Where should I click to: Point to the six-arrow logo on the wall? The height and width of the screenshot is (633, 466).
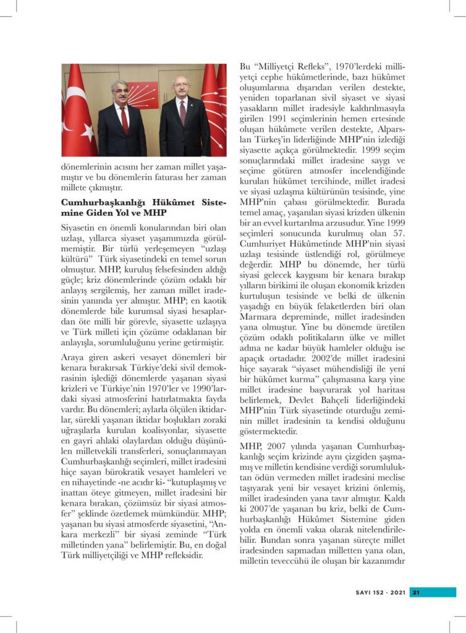(x=143, y=94)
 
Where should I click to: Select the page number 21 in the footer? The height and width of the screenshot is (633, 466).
(x=417, y=592)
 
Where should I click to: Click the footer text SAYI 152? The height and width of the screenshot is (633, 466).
(x=371, y=592)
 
